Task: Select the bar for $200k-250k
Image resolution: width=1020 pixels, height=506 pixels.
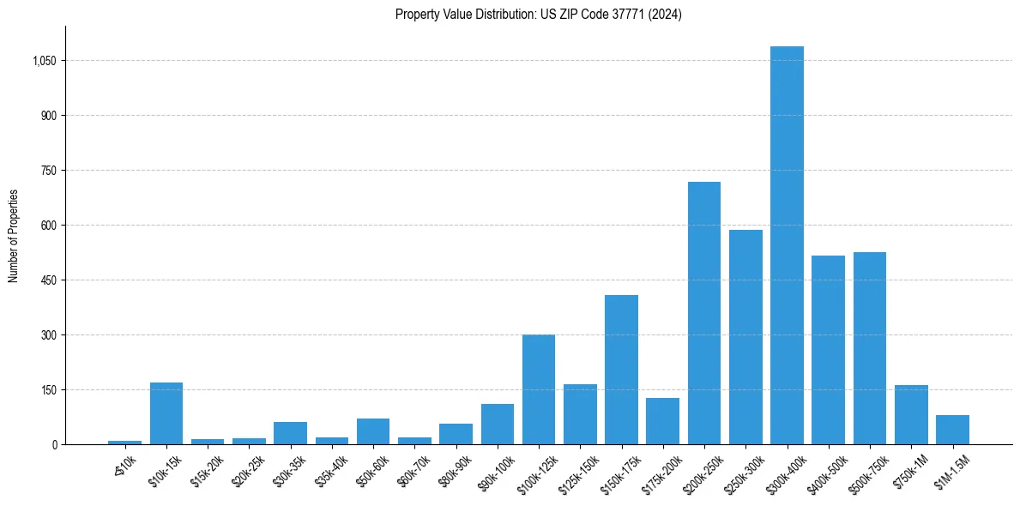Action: (704, 313)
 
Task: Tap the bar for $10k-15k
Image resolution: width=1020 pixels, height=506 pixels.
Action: (166, 413)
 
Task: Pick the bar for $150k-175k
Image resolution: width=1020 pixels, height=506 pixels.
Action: (621, 370)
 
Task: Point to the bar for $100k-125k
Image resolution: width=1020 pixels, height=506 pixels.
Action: (539, 389)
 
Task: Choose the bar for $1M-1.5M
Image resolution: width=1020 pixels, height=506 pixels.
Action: (952, 430)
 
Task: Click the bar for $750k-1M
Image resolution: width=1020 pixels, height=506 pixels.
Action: (911, 415)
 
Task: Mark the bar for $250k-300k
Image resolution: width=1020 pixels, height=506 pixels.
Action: (745, 337)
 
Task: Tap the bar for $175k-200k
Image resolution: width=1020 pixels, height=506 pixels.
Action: (662, 421)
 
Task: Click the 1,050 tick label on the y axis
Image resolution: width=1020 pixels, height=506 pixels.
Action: (44, 61)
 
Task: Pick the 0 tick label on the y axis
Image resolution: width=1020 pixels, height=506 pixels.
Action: (54, 444)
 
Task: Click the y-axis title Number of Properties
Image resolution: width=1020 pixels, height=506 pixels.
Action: (13, 236)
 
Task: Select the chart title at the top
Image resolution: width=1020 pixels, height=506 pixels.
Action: (539, 15)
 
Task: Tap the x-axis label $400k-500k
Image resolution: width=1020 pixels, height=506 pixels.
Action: (822, 474)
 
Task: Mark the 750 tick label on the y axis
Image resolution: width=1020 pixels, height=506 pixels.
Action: (49, 171)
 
